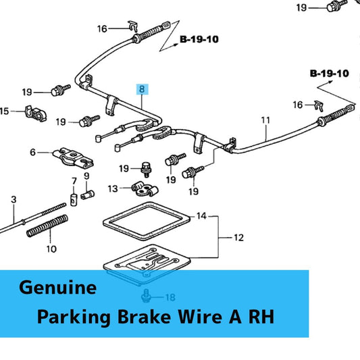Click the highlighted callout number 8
(x=140, y=89)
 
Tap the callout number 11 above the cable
(x=265, y=121)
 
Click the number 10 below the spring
(x=51, y=249)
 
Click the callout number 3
(x=13, y=200)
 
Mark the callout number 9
(x=86, y=176)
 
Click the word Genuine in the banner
(x=58, y=287)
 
